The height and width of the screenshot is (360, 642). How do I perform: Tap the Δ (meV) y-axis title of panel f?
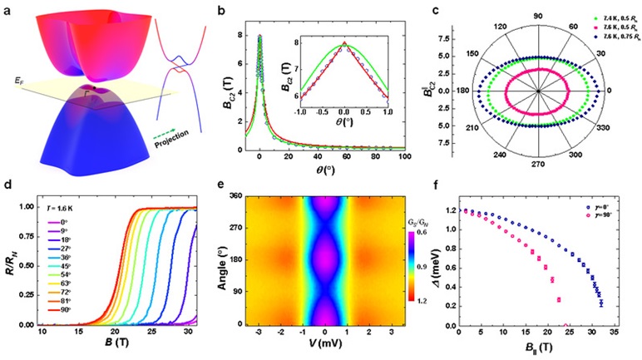coord(447,263)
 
